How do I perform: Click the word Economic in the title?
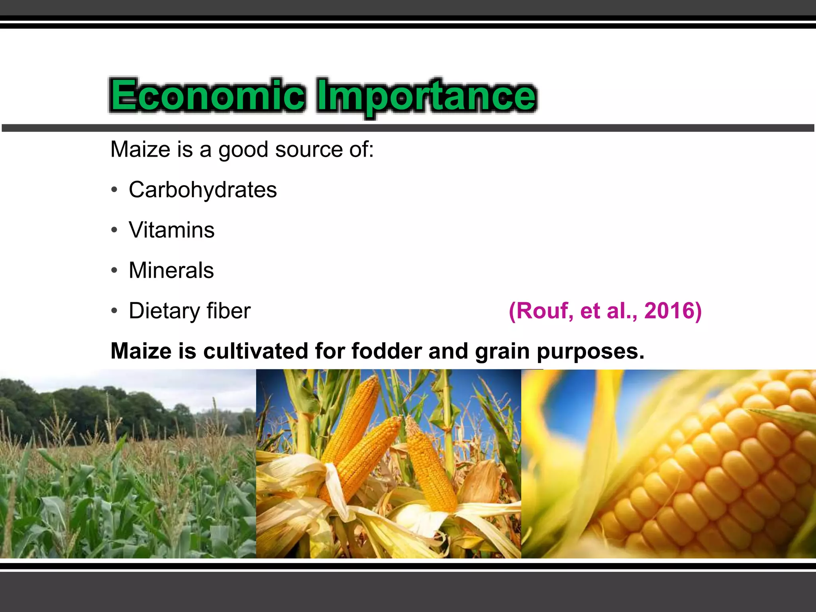coord(207,96)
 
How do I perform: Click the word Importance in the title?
coord(426,96)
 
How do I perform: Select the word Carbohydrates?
coord(203,190)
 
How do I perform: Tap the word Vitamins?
coord(172,230)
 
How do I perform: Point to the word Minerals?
coord(171,270)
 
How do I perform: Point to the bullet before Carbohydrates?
coord(114,190)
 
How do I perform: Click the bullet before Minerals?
coord(114,271)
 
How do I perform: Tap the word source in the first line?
coord(309,150)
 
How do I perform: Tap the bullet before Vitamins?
coord(114,230)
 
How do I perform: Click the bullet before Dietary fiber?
coord(114,311)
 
